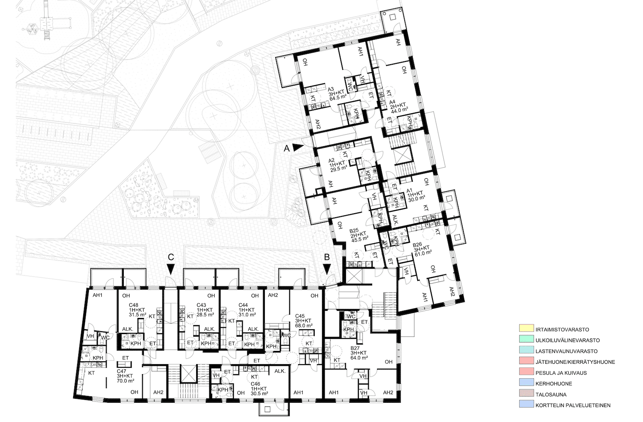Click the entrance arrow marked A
[298, 147]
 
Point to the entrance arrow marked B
[327, 269]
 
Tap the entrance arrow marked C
[171, 269]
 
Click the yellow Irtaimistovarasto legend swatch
[526, 328]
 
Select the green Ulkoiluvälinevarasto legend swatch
[526, 339]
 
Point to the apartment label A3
[331, 90]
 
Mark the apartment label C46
[256, 384]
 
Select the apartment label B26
[417, 245]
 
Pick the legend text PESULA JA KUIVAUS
[561, 373]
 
